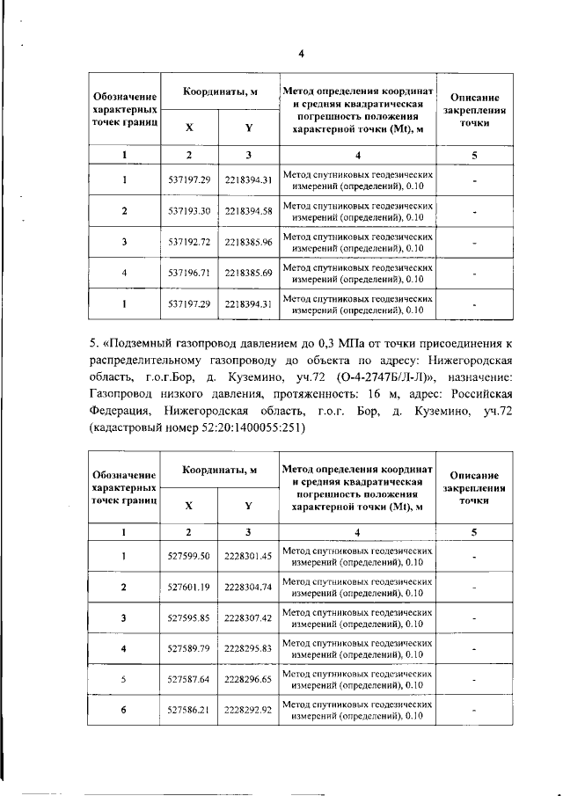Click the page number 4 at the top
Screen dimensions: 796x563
(x=300, y=54)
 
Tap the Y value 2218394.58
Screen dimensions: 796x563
(x=249, y=212)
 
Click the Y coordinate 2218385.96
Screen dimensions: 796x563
(x=249, y=242)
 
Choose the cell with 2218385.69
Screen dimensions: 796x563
(x=249, y=273)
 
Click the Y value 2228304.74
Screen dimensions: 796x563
(x=249, y=587)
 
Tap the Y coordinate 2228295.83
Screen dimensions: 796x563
(x=249, y=648)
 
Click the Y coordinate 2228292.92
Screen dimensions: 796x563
(x=249, y=710)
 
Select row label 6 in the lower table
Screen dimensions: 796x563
(x=124, y=710)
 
